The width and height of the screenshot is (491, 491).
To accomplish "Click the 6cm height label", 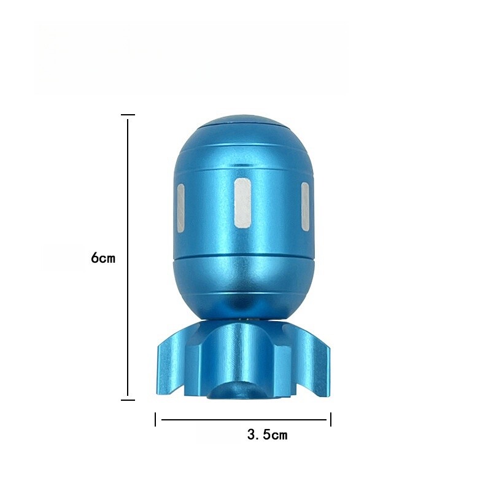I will point(103,258).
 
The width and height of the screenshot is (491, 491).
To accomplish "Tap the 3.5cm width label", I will point(267,435).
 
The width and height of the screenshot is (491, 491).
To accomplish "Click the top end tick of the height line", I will point(128,115).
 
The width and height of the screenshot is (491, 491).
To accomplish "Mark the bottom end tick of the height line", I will point(128,400).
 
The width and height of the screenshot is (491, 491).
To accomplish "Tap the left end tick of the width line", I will point(156,420).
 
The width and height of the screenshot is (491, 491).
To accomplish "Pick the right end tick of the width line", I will point(331,420).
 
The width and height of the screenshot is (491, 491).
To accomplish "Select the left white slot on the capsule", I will point(180,206).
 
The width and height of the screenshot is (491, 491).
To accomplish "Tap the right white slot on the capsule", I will point(305,206).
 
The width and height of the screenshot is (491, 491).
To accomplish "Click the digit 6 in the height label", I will point(95,258).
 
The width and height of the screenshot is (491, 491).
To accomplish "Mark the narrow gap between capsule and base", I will point(245,319).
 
